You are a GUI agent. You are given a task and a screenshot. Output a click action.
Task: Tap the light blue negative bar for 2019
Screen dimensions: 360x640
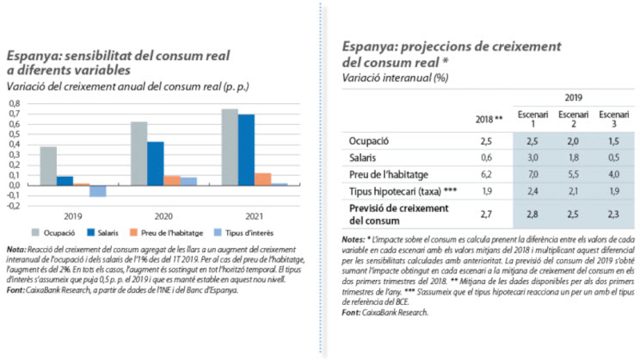coord(98,190)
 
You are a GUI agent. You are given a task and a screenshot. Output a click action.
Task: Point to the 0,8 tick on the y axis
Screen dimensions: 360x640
coord(14,103)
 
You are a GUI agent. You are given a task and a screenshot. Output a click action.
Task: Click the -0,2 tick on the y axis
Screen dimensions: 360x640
coord(14,206)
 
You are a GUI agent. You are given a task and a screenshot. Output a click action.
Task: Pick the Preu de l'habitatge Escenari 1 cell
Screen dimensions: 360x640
coord(530,174)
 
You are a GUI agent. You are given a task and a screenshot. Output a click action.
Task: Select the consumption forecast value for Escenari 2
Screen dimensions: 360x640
coord(571,214)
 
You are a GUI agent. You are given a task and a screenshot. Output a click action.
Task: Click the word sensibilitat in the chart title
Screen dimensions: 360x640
coord(106,55)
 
